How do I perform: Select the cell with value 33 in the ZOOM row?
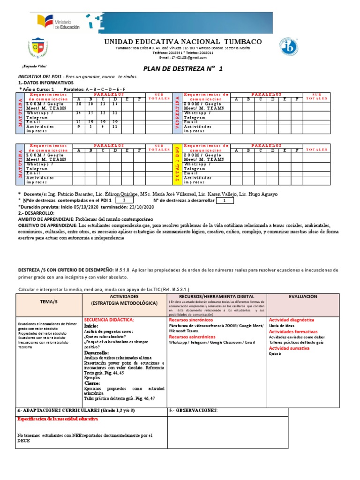click(x=103, y=104)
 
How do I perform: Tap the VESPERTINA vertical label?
click(x=178, y=112)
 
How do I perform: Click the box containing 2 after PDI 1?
click(x=123, y=201)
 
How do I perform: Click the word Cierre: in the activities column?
click(x=93, y=383)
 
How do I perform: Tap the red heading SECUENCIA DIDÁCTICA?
click(x=109, y=319)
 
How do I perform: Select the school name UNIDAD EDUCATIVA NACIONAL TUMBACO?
click(x=183, y=42)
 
